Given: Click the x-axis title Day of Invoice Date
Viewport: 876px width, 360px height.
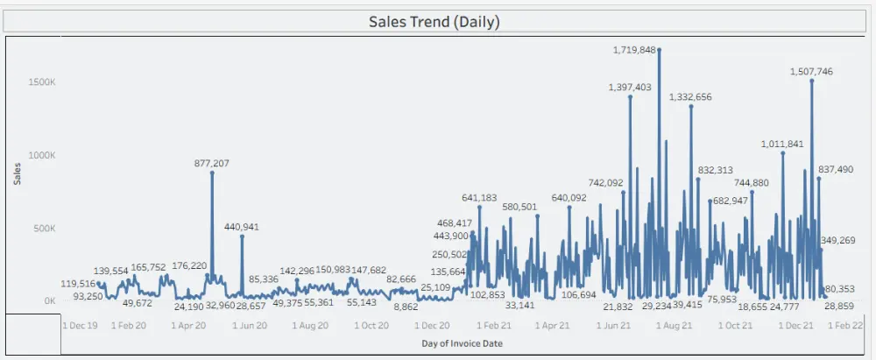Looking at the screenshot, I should point(462,342).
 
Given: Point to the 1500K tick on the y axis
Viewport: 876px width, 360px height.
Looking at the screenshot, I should point(42,81).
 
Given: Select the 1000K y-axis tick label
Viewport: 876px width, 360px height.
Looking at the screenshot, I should point(42,155).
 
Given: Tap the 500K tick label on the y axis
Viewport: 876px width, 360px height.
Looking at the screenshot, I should point(45,228).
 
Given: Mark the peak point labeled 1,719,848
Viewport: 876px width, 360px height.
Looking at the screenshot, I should point(659,50).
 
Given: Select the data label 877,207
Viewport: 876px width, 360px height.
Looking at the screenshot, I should point(212,163).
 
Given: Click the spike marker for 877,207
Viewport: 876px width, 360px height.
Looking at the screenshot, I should point(212,173).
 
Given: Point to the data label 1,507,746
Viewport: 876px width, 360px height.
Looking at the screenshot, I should point(811,72).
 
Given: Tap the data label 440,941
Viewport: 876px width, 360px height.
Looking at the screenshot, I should point(242,227).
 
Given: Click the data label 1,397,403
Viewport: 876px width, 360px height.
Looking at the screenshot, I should point(630,88).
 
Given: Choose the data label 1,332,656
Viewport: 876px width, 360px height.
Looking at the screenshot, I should point(690,97).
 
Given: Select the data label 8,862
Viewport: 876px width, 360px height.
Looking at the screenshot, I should point(406,307).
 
